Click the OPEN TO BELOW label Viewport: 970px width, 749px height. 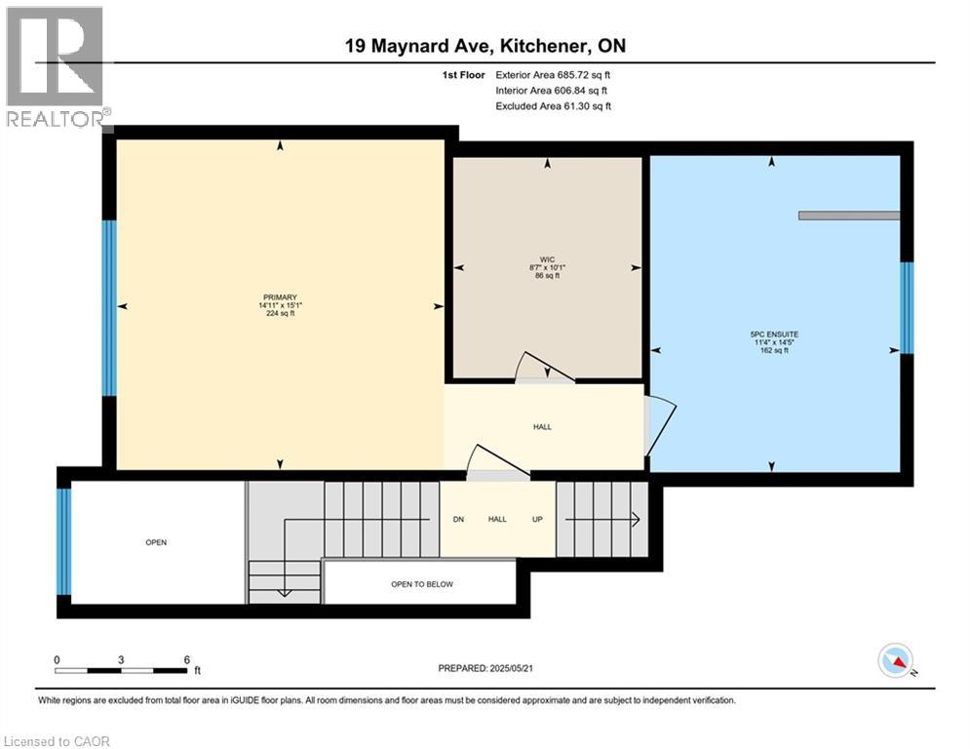pyautogui.click(x=421, y=584)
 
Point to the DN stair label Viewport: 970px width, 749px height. pyautogui.click(x=458, y=520)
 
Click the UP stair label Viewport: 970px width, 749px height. pyautogui.click(x=536, y=520)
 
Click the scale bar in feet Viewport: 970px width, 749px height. pyautogui.click(x=121, y=670)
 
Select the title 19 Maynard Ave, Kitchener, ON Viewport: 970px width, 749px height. pyautogui.click(x=485, y=47)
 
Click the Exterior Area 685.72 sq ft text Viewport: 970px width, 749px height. pyautogui.click(x=553, y=75)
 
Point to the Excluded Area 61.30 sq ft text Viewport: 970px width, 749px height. pyautogui.click(x=553, y=106)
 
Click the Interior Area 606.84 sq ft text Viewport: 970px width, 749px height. pyautogui.click(x=553, y=91)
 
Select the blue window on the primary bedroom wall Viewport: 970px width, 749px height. pyautogui.click(x=109, y=307)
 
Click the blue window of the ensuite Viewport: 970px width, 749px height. pyautogui.click(x=907, y=307)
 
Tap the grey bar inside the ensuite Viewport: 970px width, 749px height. pyautogui.click(x=848, y=216)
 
